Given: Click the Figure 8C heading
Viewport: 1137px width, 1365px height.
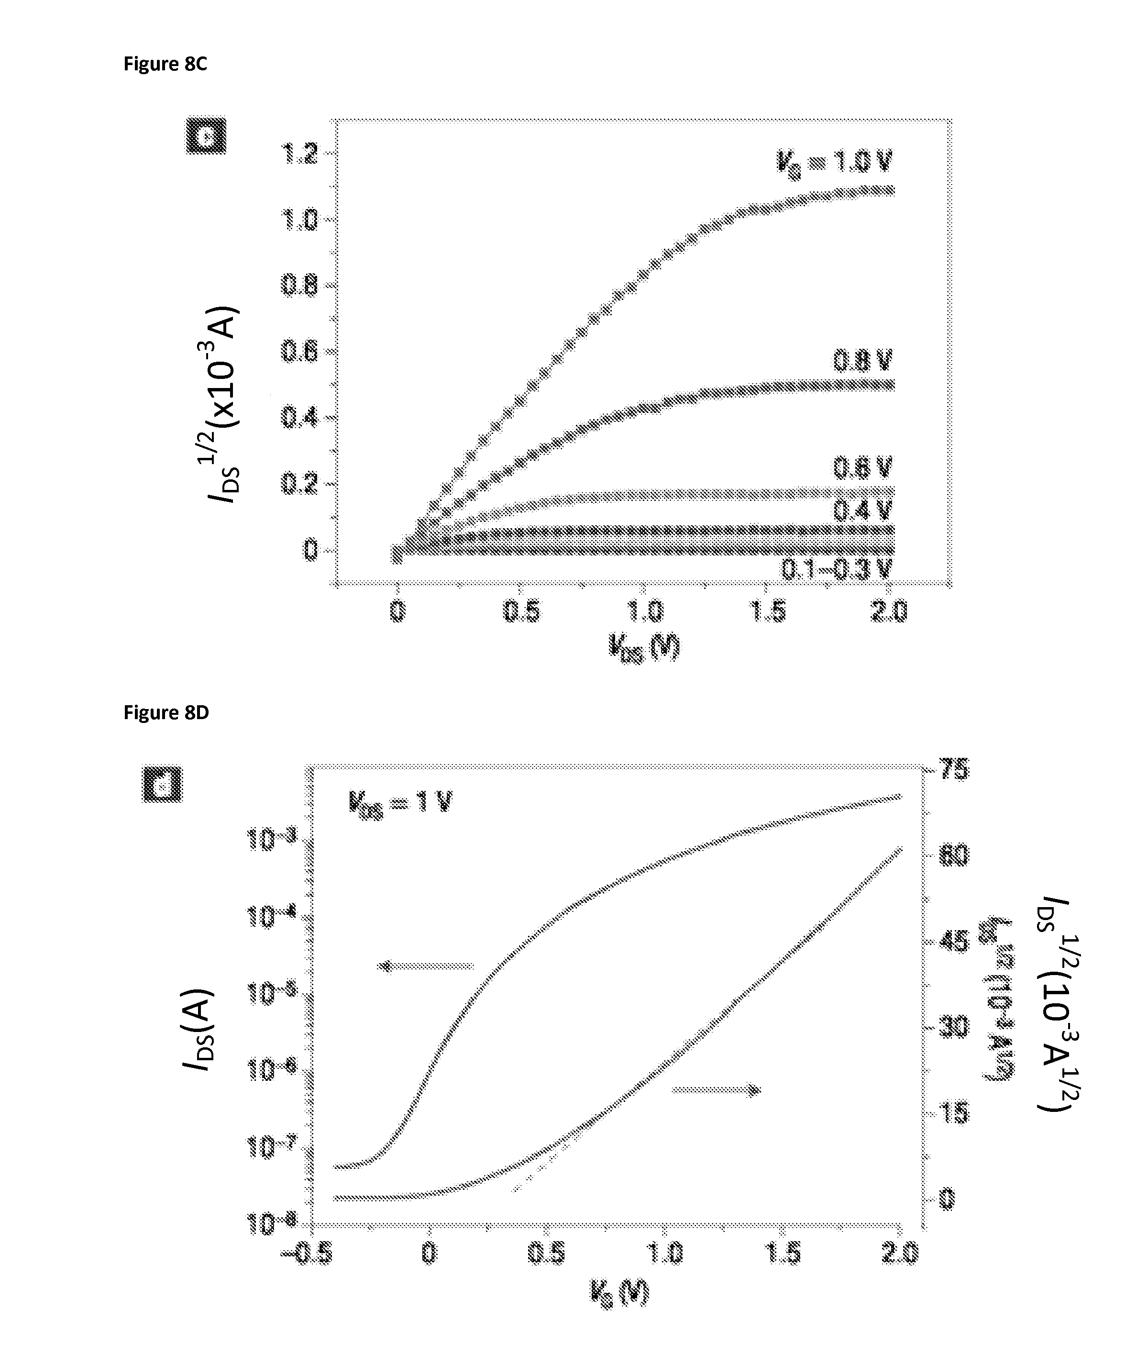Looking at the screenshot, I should pyautogui.click(x=165, y=64).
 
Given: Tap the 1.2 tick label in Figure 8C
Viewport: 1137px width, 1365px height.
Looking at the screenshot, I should pyautogui.click(x=299, y=154).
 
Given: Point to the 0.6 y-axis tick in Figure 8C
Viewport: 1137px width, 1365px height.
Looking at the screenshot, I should pyautogui.click(x=299, y=352).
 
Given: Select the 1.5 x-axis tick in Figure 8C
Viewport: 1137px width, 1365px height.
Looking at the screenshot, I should pyautogui.click(x=768, y=611).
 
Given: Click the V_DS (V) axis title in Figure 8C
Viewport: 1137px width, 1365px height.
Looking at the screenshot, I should pyautogui.click(x=644, y=647).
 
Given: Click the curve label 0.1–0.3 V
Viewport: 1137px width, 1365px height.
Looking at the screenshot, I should pyautogui.click(x=837, y=569).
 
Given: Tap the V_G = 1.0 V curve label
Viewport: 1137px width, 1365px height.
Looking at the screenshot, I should pyautogui.click(x=834, y=161).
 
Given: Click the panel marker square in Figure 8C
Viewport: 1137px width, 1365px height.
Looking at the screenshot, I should pyautogui.click(x=206, y=136).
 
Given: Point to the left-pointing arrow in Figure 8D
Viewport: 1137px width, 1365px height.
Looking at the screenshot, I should pyautogui.click(x=426, y=966).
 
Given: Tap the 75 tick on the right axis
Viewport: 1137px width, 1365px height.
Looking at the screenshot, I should pyautogui.click(x=954, y=770).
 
